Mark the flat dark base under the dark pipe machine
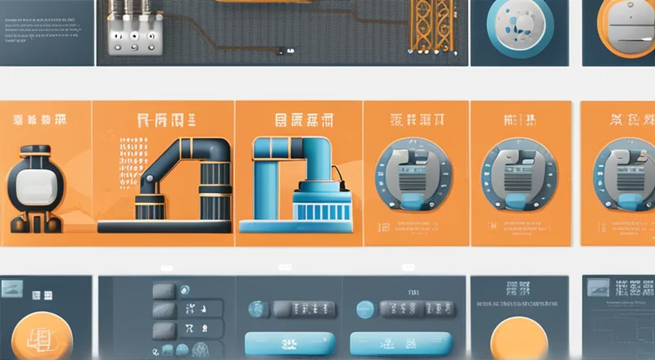(x=164, y=224)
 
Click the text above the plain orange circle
(x=517, y=290)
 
